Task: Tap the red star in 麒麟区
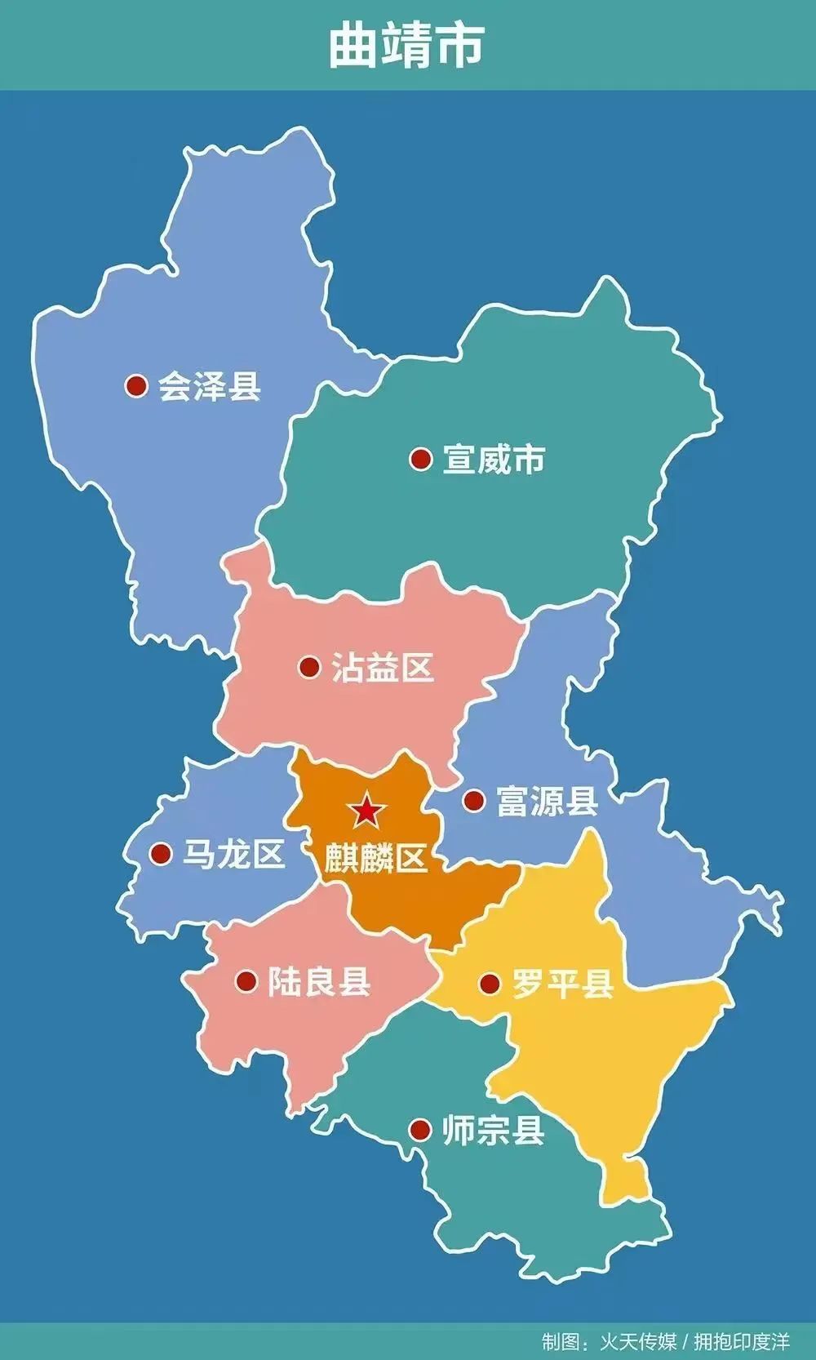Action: click(x=366, y=811)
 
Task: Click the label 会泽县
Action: click(x=210, y=385)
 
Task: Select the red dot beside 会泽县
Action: click(x=136, y=385)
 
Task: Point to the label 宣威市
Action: click(x=494, y=459)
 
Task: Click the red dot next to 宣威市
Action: click(x=420, y=459)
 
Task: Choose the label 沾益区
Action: click(x=382, y=668)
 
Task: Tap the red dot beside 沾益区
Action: click(x=309, y=668)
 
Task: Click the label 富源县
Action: click(x=547, y=801)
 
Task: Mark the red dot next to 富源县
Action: click(x=473, y=800)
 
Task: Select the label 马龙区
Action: click(x=233, y=855)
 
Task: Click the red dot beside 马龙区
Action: click(x=161, y=855)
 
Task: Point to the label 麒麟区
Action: click(x=375, y=859)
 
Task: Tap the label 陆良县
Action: click(x=319, y=981)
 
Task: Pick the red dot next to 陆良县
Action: click(x=246, y=981)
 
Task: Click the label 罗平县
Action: click(x=562, y=984)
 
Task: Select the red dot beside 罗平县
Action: click(x=490, y=984)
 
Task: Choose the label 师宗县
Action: click(x=493, y=1131)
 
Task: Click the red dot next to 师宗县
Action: click(x=420, y=1131)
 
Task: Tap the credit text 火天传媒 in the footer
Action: click(x=639, y=1341)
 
